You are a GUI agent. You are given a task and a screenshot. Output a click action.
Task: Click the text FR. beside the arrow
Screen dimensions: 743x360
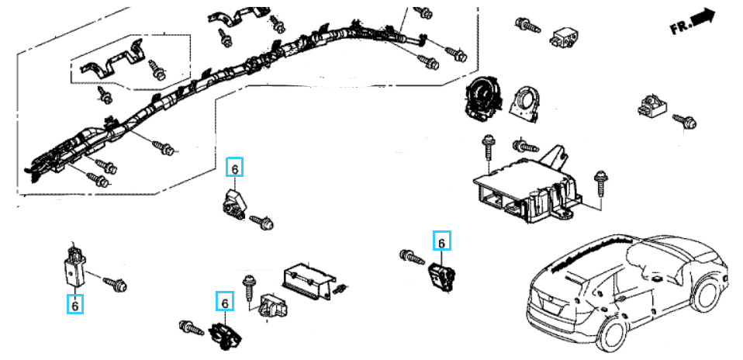pos(680,27)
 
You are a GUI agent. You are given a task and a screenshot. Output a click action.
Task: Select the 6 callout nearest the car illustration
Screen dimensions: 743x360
pos(441,241)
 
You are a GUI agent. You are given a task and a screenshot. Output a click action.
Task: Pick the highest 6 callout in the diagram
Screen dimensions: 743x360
pos(234,167)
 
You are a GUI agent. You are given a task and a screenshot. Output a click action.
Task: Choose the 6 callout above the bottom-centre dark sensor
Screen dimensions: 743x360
pos(225,301)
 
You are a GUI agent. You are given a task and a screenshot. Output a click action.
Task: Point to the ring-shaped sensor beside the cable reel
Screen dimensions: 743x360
pos(525,102)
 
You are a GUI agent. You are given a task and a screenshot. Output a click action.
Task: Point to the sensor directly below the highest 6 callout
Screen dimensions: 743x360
pos(232,204)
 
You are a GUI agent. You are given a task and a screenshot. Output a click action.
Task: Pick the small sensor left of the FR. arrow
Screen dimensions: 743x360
pos(563,35)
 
